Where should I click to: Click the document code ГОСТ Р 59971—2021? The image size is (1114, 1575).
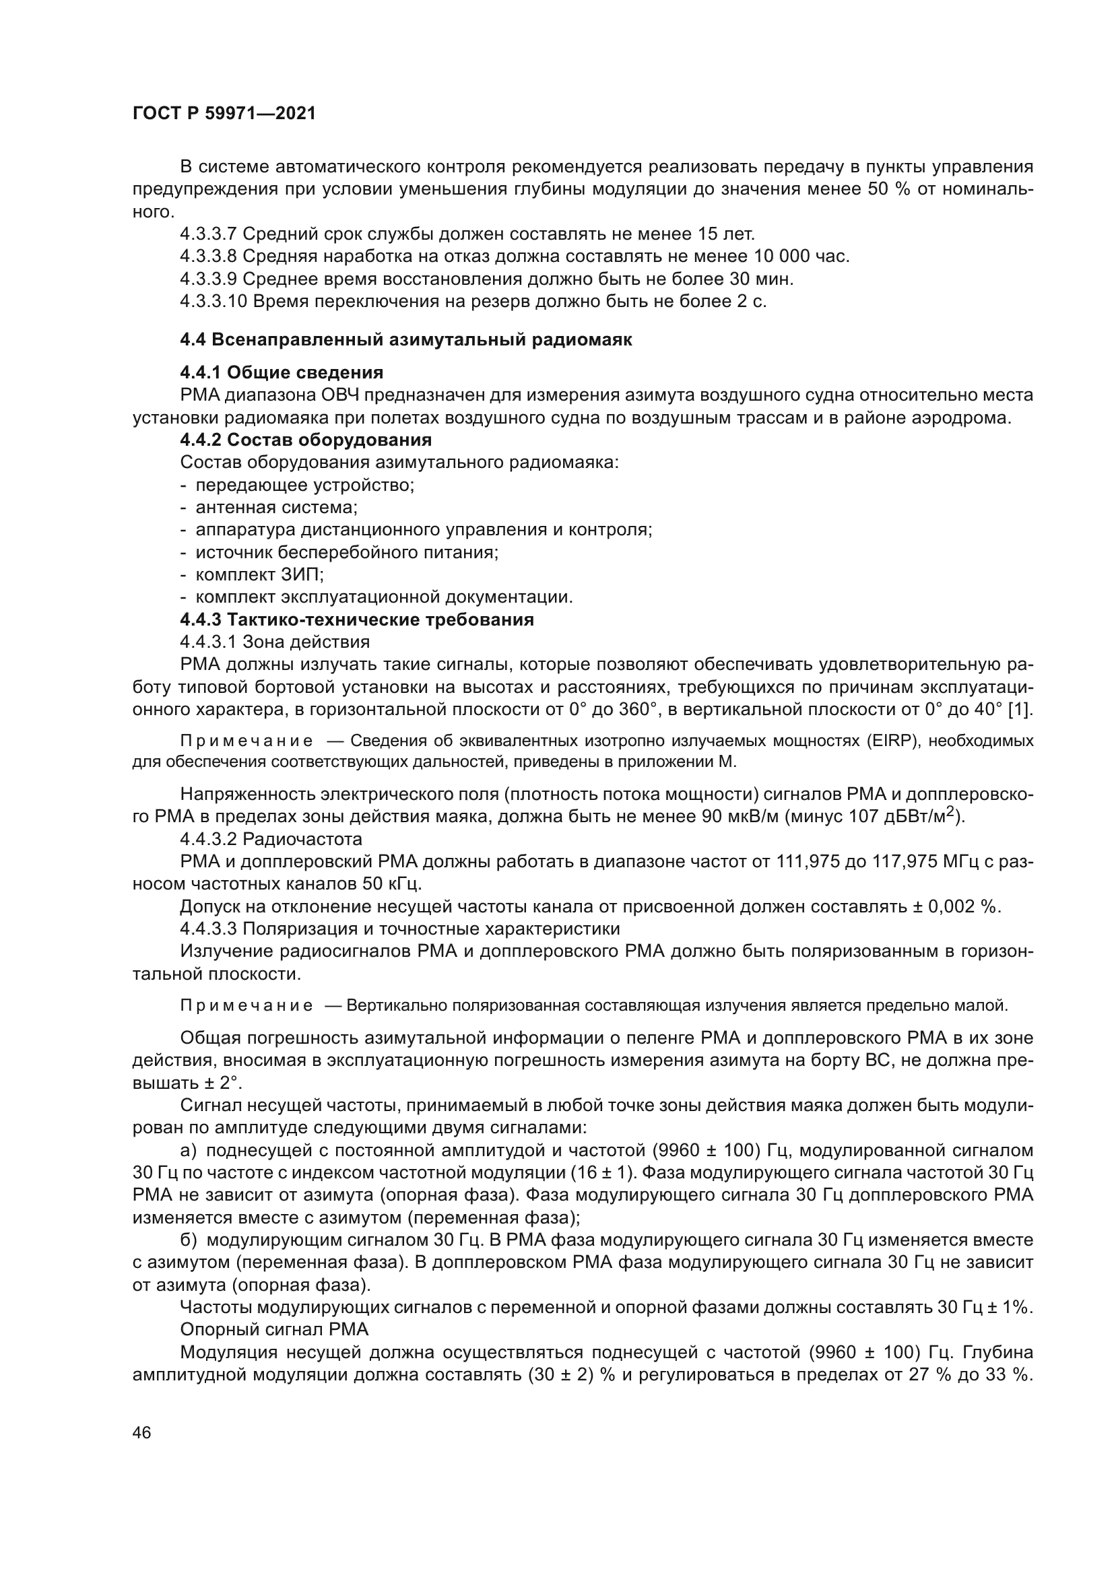click(224, 114)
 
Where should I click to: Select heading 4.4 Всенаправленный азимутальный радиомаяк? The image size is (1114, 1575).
click(405, 339)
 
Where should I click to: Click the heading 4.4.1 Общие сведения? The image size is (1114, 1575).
click(282, 372)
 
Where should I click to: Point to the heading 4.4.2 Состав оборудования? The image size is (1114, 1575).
click(306, 439)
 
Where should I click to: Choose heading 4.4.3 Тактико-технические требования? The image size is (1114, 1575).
click(357, 619)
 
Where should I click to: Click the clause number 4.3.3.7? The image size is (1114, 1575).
click(208, 234)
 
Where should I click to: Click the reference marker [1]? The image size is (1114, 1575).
click(1020, 709)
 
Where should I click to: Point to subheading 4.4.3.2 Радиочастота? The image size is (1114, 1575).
click(271, 839)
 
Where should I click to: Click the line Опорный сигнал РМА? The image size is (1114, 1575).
click(274, 1329)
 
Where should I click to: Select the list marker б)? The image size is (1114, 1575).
click(189, 1240)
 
